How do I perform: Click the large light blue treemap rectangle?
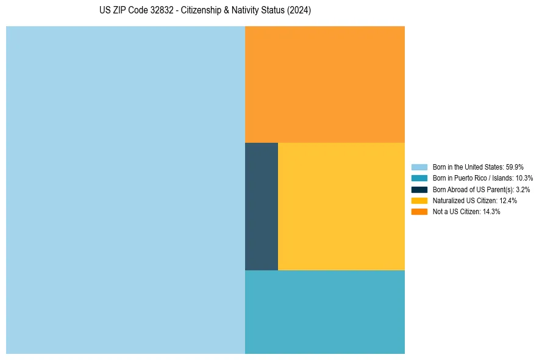[x=126, y=190]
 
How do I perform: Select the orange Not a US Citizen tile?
[x=324, y=84]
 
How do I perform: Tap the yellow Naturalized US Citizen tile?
[x=341, y=206]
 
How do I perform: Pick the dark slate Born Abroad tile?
[x=262, y=206]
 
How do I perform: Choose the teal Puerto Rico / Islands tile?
[x=324, y=312]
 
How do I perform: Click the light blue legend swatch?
[x=419, y=167]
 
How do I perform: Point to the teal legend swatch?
[x=419, y=178]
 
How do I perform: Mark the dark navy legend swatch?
[x=419, y=189]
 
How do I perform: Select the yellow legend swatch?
[x=419, y=200]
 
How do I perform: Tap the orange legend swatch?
[x=419, y=212]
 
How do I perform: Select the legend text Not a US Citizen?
[x=456, y=212]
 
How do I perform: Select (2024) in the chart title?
[x=299, y=10]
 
